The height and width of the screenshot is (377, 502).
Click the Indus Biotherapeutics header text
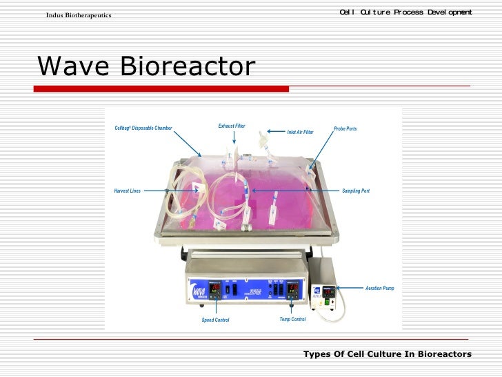[79, 15]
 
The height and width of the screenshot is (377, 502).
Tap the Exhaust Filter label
[232, 126]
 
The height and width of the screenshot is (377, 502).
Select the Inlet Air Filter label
[300, 132]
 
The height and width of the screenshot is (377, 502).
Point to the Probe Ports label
[345, 129]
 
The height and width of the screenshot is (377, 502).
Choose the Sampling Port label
[356, 191]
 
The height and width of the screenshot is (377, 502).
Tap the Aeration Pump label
[380, 288]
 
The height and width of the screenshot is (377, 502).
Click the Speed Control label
[215, 320]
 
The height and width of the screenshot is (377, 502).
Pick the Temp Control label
[292, 320]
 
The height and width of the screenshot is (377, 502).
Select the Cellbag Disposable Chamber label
[143, 128]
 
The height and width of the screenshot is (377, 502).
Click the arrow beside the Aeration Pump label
[351, 287]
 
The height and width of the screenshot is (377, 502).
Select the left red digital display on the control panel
[215, 287]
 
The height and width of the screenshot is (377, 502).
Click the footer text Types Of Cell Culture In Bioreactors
[387, 354]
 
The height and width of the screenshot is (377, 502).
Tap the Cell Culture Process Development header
[405, 12]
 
